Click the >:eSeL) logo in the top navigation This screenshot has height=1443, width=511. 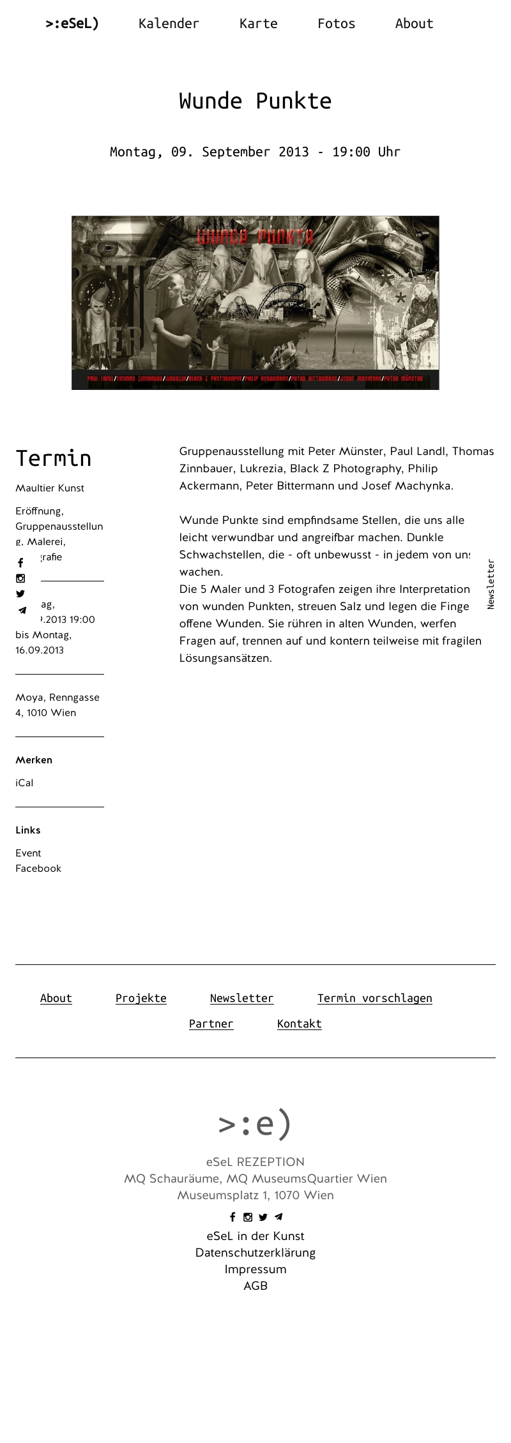72,24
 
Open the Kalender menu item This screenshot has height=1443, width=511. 169,24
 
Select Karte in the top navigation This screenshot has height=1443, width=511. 258,24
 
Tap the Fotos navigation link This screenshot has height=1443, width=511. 336,24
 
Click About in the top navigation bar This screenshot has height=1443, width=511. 414,24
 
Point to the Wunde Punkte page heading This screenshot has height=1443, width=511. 256,101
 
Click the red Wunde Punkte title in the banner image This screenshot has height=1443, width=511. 255,237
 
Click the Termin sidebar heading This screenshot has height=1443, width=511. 54,458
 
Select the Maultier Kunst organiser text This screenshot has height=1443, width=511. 50,488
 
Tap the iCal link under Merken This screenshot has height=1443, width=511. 24,783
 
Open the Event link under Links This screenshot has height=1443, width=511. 28,853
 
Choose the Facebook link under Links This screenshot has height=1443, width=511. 38,869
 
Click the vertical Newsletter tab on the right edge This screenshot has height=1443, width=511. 491,584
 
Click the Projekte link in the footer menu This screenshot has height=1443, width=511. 141,998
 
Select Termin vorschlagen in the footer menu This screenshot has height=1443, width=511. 375,998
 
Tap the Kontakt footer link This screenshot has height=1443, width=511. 300,1024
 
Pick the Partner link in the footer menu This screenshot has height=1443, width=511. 211,1024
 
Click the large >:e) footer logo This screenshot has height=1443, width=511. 255,1124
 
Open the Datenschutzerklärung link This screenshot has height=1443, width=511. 256,1252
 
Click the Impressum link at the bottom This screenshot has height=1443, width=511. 256,1269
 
